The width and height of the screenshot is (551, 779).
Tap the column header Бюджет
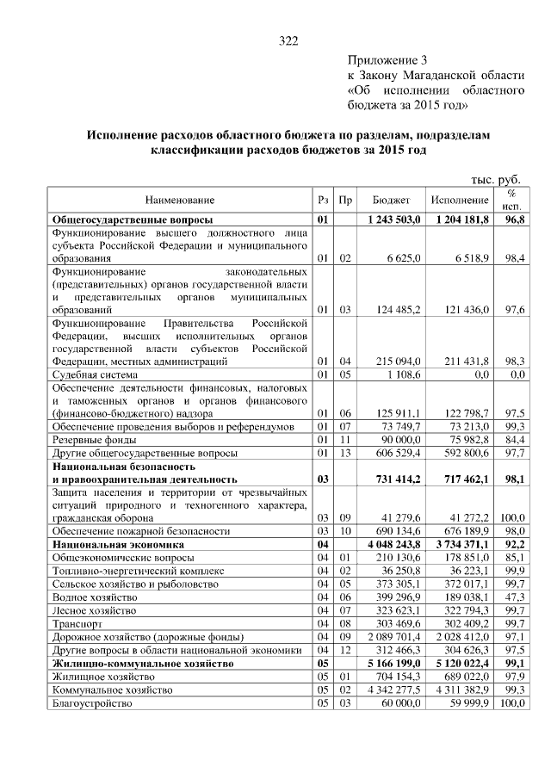391,200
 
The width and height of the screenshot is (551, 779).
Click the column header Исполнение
461,200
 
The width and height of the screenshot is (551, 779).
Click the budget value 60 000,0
399,703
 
